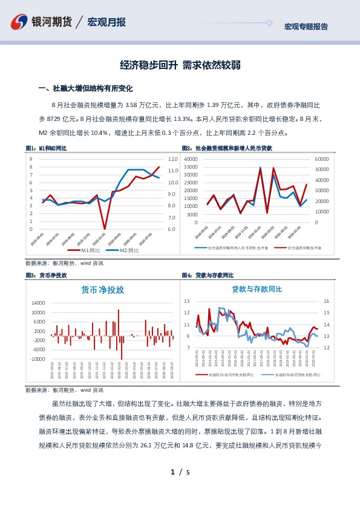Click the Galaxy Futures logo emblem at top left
[x=20, y=22]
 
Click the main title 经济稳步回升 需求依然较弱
[x=180, y=65]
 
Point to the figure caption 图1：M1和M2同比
[x=46, y=148]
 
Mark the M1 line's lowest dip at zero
[x=105, y=229]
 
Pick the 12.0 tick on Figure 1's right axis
[x=172, y=159]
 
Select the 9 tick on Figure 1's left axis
[x=31, y=159]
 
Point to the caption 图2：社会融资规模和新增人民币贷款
[x=227, y=148]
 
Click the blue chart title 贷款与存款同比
[x=257, y=290]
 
